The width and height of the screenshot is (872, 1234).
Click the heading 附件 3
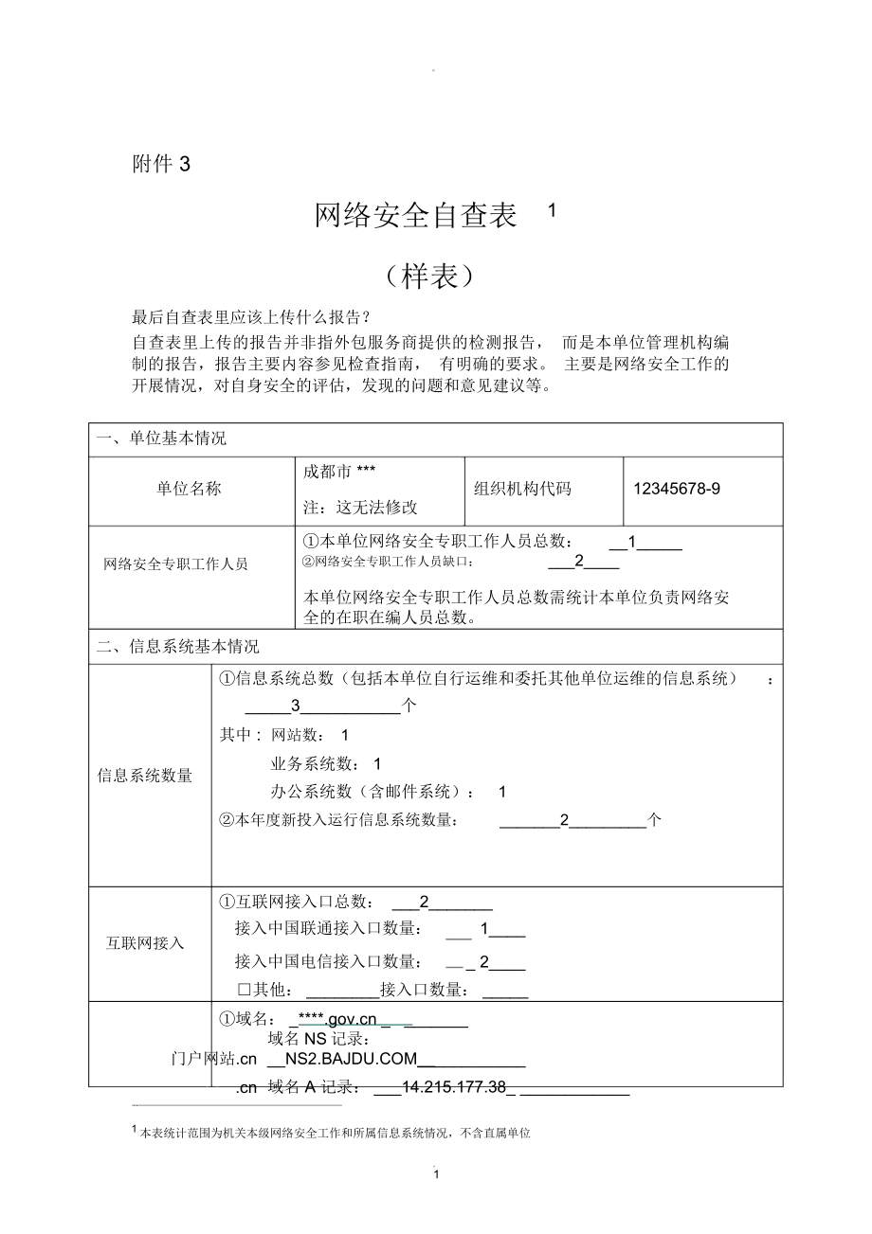pos(161,164)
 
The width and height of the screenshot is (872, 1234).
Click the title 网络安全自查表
pos(416,217)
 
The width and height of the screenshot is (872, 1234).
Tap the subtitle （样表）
pos(429,276)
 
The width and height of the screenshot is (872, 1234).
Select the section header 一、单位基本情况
pos(162,438)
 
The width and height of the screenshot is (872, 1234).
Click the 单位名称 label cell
pos(190,489)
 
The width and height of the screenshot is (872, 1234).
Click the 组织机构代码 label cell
pos(522,489)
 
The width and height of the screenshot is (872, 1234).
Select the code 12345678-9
pos(677,489)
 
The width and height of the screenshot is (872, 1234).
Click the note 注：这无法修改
pos(360,507)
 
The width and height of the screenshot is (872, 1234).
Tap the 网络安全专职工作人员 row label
pos(175,564)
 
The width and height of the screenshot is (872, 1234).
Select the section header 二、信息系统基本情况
pos(178,647)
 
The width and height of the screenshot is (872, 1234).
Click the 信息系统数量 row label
pos(145,776)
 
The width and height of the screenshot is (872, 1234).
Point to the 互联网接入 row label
pos(145,943)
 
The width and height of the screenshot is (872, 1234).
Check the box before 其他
pos(244,990)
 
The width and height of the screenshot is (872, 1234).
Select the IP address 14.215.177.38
pos(453,1088)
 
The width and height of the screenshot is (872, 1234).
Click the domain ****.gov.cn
pos(337,1019)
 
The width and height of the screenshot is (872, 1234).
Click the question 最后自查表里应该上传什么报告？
pos(251,316)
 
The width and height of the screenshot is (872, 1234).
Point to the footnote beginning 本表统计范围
pos(334,1133)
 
